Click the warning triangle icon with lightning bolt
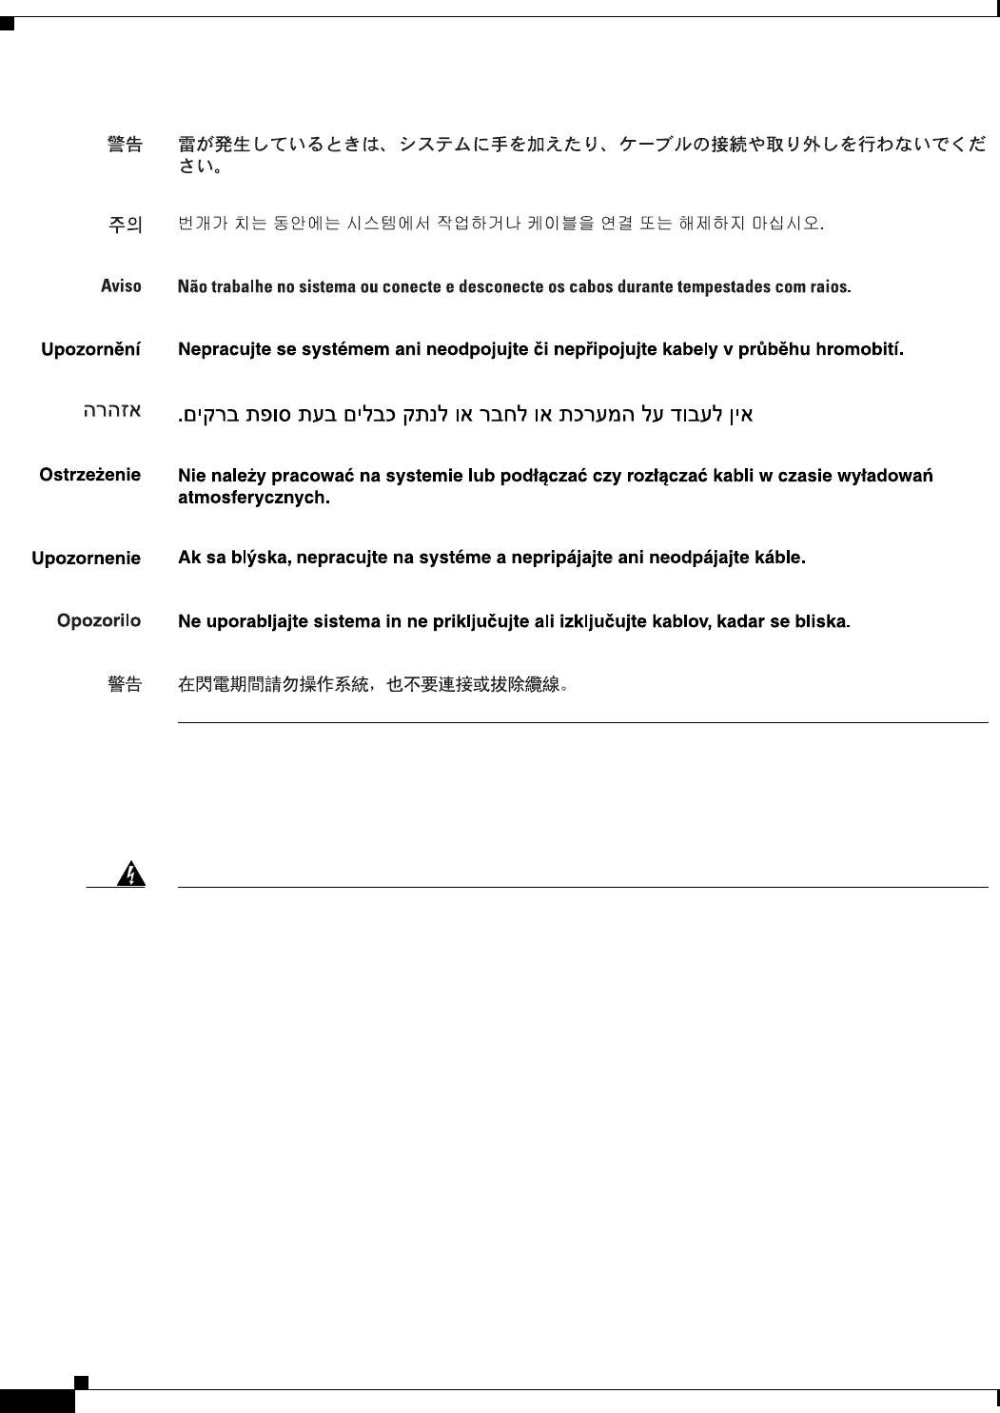tap(131, 873)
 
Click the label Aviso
tap(121, 285)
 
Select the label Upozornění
tap(90, 349)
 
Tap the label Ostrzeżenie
tap(89, 474)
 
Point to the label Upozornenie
tap(86, 559)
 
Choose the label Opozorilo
tap(98, 620)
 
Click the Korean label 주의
tap(125, 225)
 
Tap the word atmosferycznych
tap(254, 497)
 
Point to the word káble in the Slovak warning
tap(779, 558)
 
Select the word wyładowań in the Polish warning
tap(890, 474)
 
